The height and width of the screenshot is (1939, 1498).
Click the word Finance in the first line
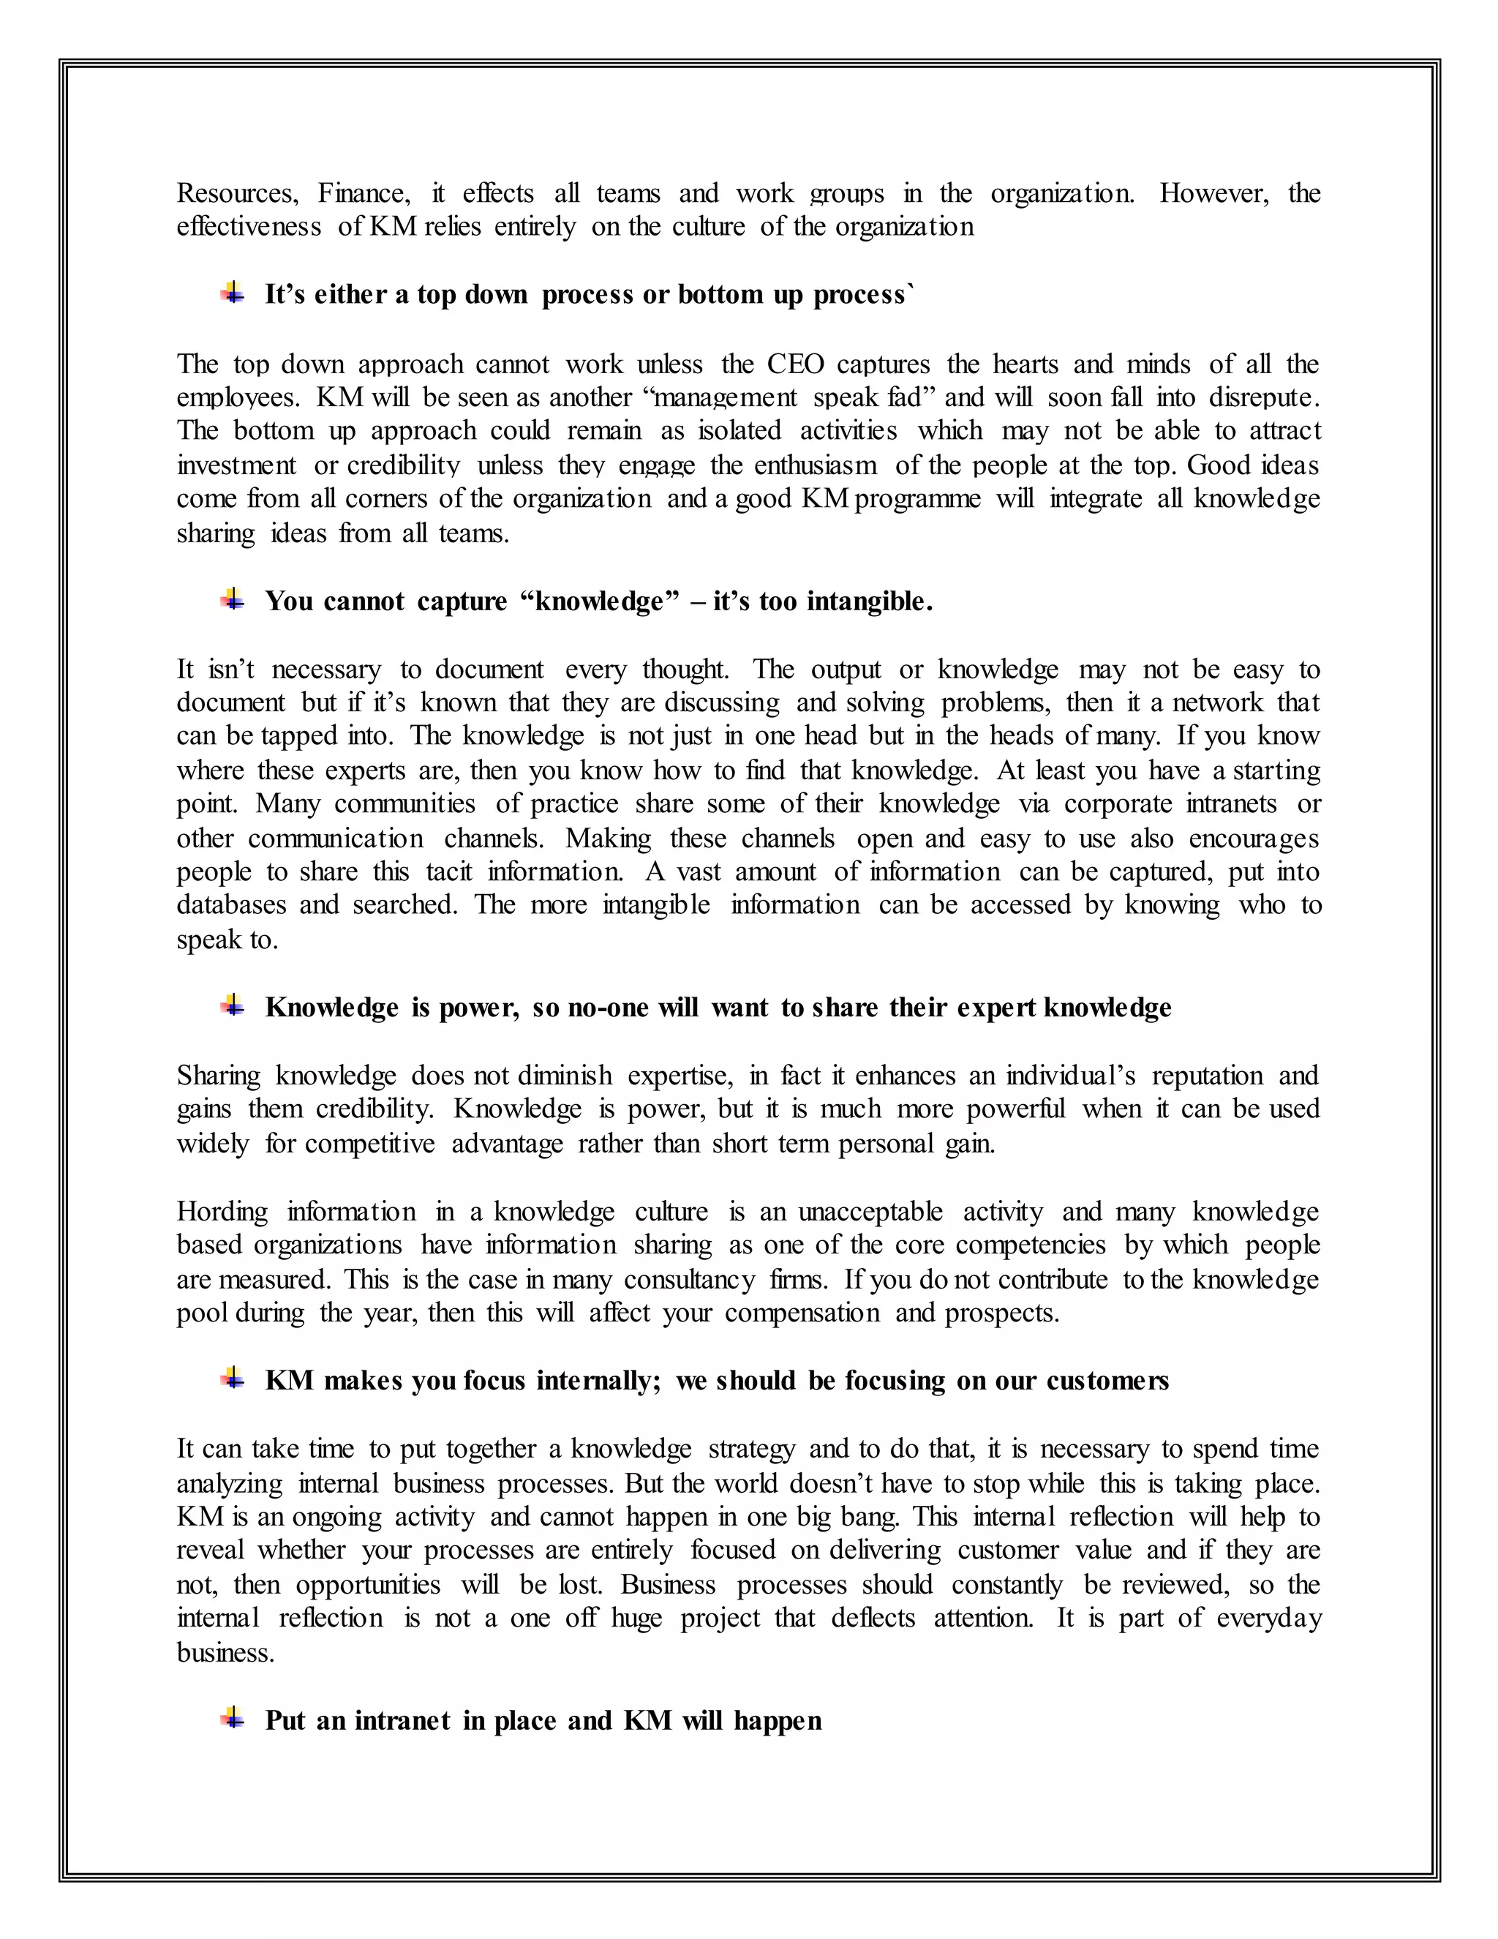[363, 194]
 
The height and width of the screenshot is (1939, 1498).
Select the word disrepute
[1264, 398]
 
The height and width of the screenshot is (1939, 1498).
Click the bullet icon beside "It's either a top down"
[233, 293]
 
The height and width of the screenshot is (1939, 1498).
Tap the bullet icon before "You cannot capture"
[233, 600]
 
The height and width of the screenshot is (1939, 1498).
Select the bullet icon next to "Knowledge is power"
[233, 1006]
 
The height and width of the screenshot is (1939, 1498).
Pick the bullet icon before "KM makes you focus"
[233, 1379]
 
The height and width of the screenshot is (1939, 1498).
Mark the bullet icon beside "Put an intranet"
[233, 1719]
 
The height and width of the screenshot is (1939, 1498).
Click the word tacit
[449, 872]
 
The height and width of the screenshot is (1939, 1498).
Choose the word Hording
[222, 1212]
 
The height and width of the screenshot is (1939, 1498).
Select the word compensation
[802, 1313]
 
